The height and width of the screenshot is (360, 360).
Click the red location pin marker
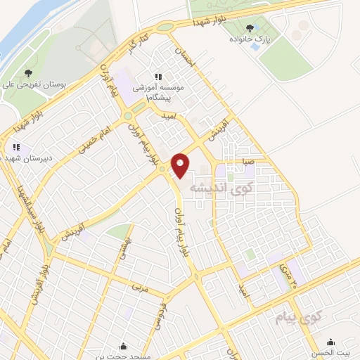pyautogui.click(x=181, y=165)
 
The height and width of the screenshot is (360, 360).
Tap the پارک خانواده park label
pyautogui.click(x=251, y=40)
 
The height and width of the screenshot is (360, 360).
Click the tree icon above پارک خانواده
pyautogui.click(x=250, y=28)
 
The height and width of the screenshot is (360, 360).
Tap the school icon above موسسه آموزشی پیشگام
pyautogui.click(x=157, y=76)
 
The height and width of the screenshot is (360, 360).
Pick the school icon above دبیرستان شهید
pyautogui.click(x=15, y=148)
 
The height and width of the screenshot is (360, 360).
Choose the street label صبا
pyautogui.click(x=247, y=160)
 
